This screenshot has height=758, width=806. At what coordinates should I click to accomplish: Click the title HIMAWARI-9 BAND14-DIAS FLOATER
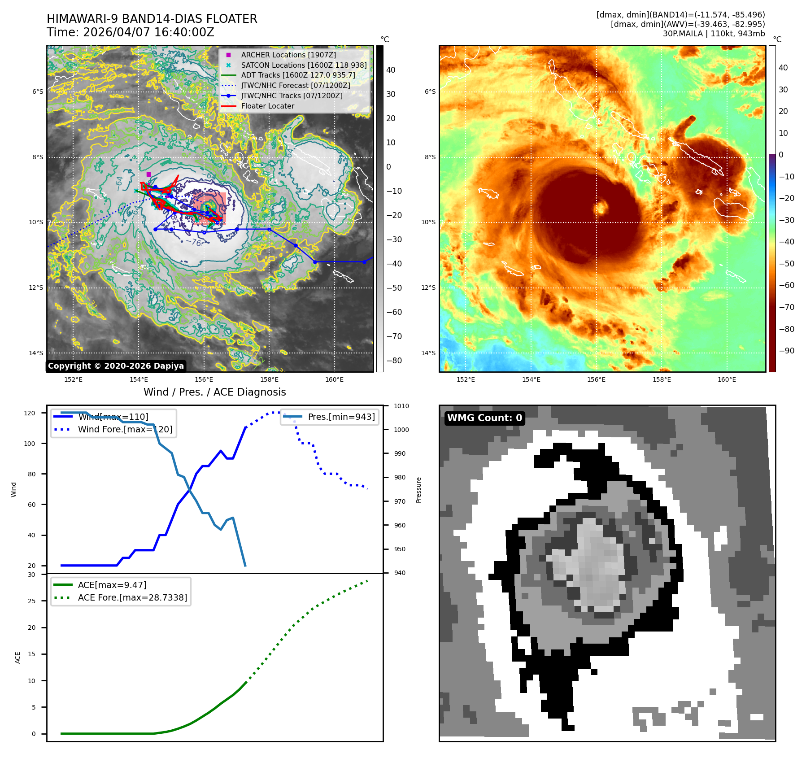[152, 19]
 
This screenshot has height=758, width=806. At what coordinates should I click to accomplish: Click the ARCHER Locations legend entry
[288, 55]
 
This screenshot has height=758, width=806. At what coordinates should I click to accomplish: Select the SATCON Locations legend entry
[304, 65]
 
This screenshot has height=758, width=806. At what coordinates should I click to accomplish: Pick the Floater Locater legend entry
[267, 106]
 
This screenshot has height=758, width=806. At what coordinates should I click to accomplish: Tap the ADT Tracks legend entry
[298, 75]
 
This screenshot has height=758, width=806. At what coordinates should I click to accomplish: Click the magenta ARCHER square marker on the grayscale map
[148, 174]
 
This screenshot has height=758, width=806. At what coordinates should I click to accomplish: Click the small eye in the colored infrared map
[600, 208]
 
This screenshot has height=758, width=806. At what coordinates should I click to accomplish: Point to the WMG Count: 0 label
[484, 418]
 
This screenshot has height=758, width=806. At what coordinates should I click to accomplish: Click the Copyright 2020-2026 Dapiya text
[116, 366]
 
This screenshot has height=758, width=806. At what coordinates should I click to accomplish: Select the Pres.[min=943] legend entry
[341, 417]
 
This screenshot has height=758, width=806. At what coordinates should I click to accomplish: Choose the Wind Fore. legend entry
[125, 429]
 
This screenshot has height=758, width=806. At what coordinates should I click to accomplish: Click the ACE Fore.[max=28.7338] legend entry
[132, 597]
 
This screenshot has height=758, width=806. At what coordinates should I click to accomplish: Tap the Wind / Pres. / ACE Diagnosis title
[214, 392]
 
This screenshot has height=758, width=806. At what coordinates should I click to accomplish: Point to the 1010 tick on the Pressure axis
[401, 406]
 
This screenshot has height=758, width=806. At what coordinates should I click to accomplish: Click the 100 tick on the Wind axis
[30, 444]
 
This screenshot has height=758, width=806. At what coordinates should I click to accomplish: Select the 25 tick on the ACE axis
[31, 601]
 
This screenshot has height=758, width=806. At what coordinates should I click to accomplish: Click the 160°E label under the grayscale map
[334, 380]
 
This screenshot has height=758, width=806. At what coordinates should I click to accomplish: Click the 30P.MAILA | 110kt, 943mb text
[714, 34]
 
